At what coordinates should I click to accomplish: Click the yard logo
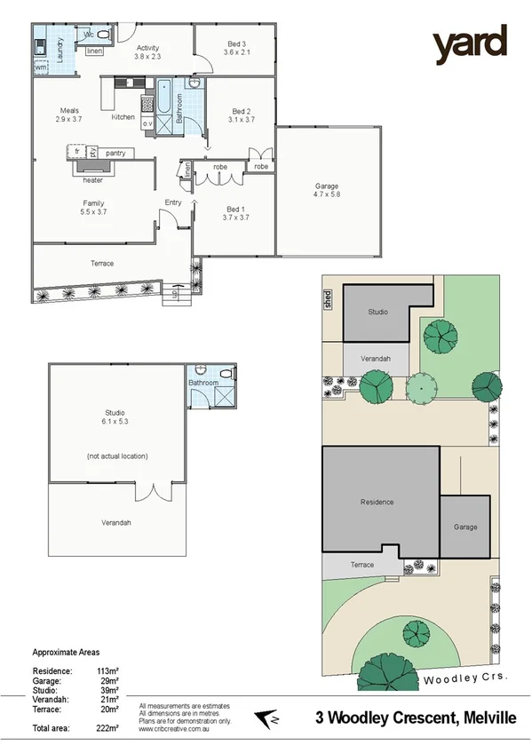click(470, 44)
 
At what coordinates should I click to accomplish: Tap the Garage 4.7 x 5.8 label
click(327, 190)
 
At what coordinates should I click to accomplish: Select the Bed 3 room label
click(236, 48)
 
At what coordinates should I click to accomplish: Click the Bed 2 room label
click(241, 115)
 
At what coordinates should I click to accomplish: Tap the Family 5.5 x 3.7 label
click(93, 208)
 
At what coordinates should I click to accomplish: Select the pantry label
click(115, 154)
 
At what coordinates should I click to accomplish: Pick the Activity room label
click(147, 51)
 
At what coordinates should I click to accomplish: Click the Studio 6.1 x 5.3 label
click(115, 416)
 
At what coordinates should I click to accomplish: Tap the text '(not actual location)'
click(116, 456)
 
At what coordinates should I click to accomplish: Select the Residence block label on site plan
click(377, 502)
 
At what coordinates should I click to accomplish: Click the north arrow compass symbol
click(264, 717)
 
